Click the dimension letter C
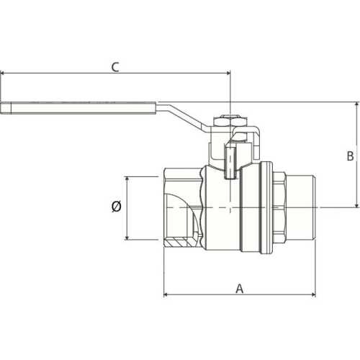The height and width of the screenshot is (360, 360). point(114,67)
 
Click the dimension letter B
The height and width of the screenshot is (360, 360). point(350,155)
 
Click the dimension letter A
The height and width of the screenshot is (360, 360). point(240,288)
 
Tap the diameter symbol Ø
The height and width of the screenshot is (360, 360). point(117,207)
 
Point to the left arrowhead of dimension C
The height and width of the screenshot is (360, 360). point(4,73)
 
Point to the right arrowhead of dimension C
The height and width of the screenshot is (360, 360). point(227,73)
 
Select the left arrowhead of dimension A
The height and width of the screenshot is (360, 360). point(167,294)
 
